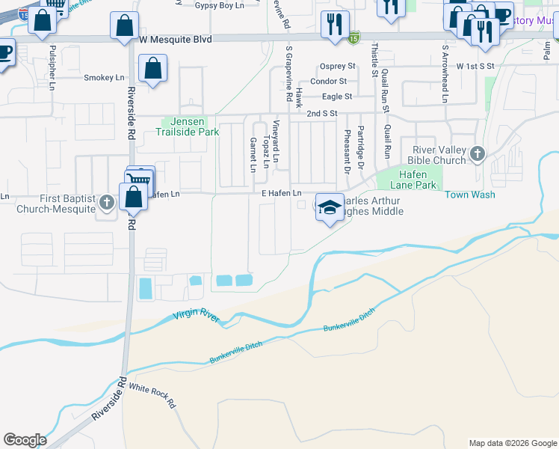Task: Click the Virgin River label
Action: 197,317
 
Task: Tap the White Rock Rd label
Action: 152,396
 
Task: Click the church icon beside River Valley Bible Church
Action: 478,154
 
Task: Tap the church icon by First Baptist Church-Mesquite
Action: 107,202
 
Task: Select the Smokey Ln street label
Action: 104,78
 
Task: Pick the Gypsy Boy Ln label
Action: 219,5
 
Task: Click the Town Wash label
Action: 470,195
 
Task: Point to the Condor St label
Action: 329,81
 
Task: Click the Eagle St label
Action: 336,97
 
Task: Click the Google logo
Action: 25,440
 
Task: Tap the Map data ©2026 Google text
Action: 512,443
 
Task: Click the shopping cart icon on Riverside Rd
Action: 140,179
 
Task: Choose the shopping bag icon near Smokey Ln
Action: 152,70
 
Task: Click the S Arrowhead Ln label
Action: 445,73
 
